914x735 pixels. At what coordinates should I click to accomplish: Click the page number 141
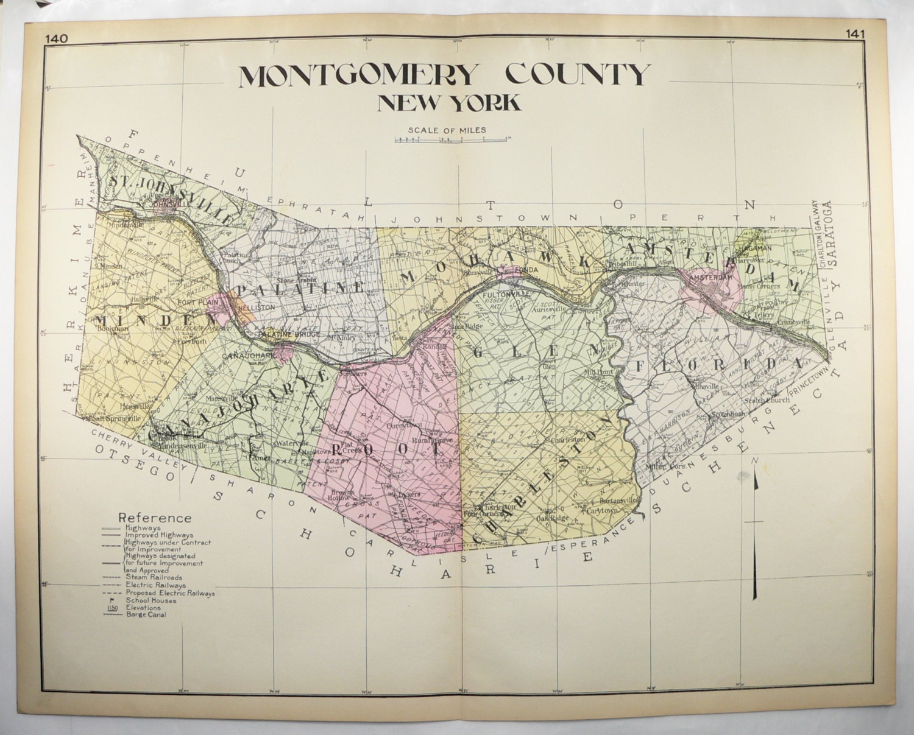tap(855, 34)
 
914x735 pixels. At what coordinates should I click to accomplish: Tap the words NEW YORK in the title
tap(449, 102)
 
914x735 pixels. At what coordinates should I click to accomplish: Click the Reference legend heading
tap(155, 518)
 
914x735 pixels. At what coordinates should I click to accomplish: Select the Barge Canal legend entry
tap(145, 614)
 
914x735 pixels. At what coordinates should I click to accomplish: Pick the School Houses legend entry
tap(151, 600)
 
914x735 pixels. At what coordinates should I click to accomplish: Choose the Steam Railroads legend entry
tap(154, 577)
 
